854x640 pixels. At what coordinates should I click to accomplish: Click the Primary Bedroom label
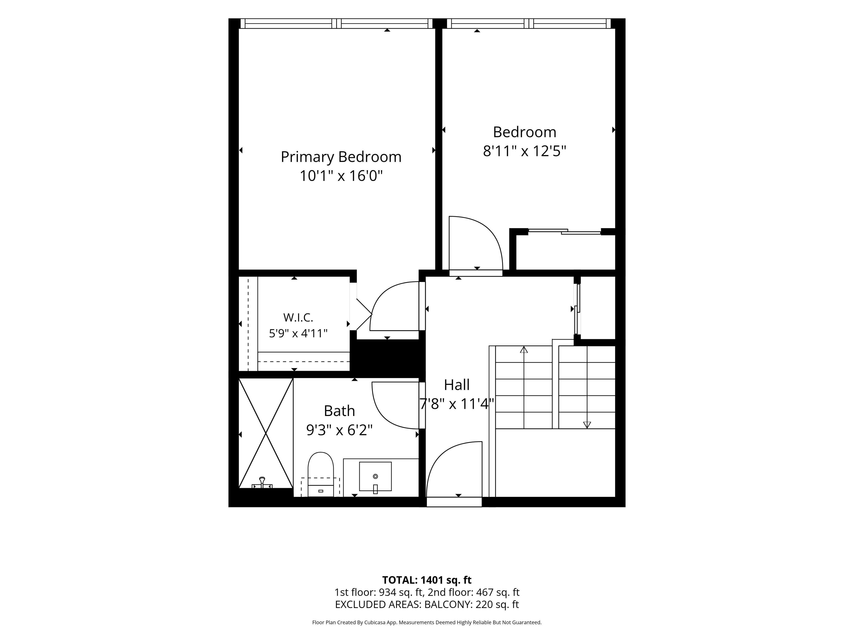[x=341, y=157]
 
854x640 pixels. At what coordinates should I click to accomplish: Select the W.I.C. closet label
[x=298, y=318]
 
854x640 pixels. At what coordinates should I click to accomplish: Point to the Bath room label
[x=339, y=411]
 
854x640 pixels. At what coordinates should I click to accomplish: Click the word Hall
[x=457, y=385]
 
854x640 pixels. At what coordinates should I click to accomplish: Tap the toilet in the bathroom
[x=320, y=474]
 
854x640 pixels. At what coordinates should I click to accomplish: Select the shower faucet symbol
[x=262, y=483]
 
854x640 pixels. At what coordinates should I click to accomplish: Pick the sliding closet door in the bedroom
[x=564, y=232]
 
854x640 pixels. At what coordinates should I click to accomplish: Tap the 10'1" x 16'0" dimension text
[x=341, y=176]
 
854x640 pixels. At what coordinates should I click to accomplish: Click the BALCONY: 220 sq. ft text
[x=471, y=604]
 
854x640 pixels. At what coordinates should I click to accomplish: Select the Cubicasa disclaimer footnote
[x=427, y=622]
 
